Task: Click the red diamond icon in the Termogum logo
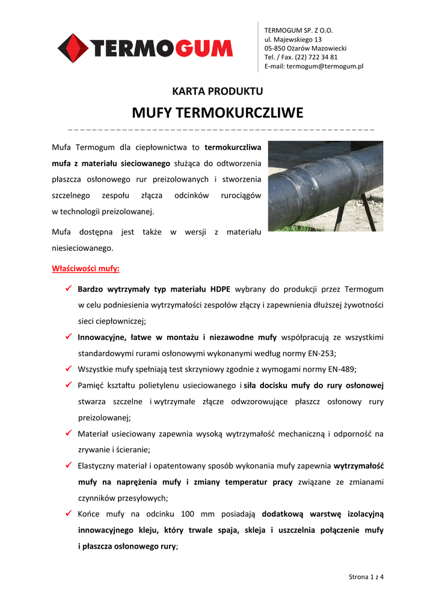(73, 48)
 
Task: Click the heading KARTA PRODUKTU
(218, 91)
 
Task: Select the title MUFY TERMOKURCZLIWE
(218, 113)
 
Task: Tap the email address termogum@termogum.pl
(325, 66)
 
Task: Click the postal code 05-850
(276, 48)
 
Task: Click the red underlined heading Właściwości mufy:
(85, 268)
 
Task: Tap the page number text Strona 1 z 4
(366, 577)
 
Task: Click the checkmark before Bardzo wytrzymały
(69, 289)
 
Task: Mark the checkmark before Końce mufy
(69, 514)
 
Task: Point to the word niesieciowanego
(82, 248)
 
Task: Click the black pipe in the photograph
(325, 180)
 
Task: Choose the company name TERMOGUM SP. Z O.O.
(299, 30)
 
